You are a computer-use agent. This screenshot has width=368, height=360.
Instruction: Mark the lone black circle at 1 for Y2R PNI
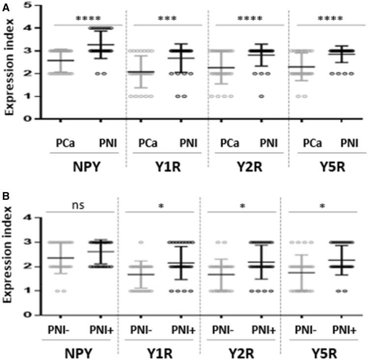click(261, 96)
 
